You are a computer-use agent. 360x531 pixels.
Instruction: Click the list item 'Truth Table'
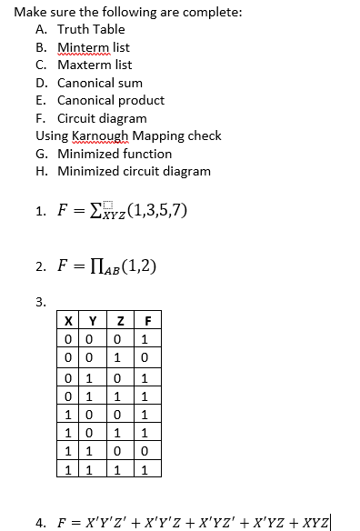point(91,29)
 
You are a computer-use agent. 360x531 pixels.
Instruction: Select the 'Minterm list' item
point(93,47)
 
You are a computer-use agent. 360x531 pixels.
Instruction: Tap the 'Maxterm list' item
point(95,65)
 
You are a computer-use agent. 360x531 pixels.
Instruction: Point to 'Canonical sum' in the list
point(99,83)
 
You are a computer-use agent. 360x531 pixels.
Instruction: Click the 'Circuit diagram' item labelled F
point(101,118)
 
